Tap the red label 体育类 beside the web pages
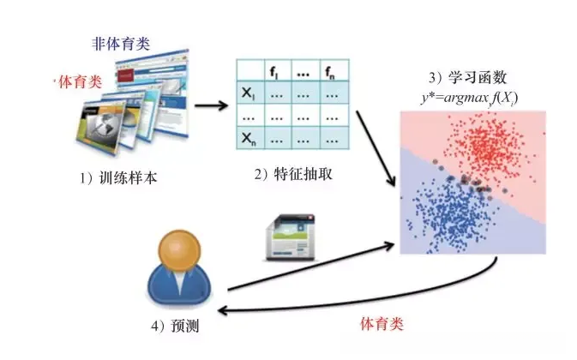(79, 81)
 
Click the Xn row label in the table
(249, 136)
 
